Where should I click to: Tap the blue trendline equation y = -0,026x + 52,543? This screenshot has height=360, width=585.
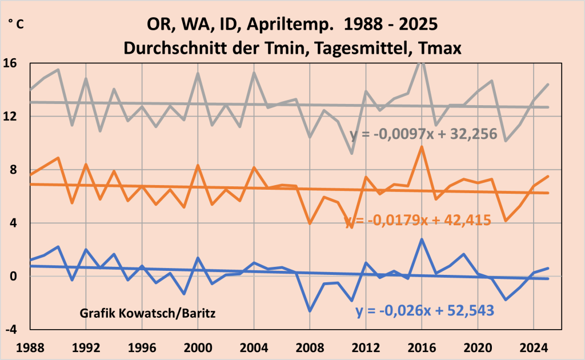(x=424, y=311)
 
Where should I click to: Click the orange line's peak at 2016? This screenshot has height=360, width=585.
(x=422, y=147)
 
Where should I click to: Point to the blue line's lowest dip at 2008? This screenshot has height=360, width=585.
(x=310, y=311)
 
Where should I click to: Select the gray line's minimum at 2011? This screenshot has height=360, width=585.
(x=352, y=153)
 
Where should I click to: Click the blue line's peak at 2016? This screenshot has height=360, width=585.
(x=422, y=239)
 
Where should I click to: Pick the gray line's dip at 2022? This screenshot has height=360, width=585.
(x=506, y=140)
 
